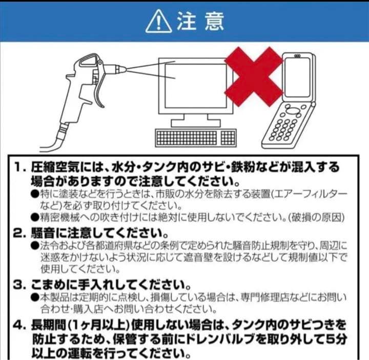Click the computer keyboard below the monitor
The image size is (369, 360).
(x=195, y=137)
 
